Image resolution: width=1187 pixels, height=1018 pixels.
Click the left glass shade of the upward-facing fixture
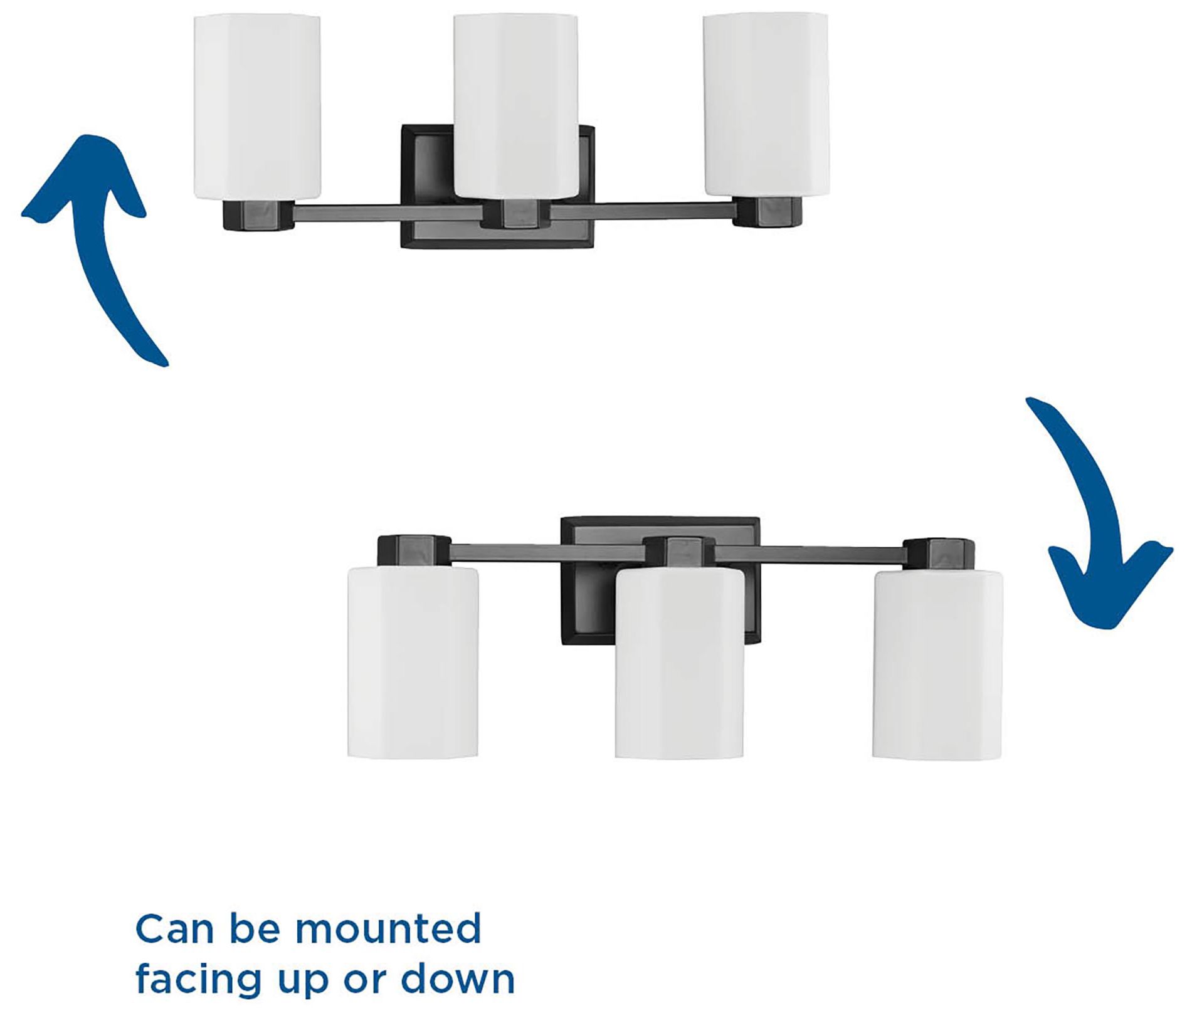click(x=257, y=107)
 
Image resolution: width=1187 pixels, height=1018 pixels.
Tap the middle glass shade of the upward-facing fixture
click(x=515, y=105)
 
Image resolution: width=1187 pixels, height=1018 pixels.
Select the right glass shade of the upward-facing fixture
click(x=766, y=105)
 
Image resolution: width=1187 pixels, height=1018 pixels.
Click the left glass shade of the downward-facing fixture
click(x=413, y=662)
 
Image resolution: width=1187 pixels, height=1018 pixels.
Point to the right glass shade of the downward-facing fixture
click(x=937, y=664)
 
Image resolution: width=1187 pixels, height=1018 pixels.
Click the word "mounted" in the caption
click(x=388, y=930)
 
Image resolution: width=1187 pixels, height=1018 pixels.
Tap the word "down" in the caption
click(x=458, y=980)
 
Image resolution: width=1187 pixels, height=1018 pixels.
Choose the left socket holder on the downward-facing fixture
click(x=414, y=550)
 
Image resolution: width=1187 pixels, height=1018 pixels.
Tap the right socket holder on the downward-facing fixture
click(x=939, y=554)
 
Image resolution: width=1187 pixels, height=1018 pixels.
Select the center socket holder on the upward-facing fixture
click(x=515, y=213)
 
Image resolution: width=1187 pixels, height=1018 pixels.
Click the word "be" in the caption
click(x=256, y=930)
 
